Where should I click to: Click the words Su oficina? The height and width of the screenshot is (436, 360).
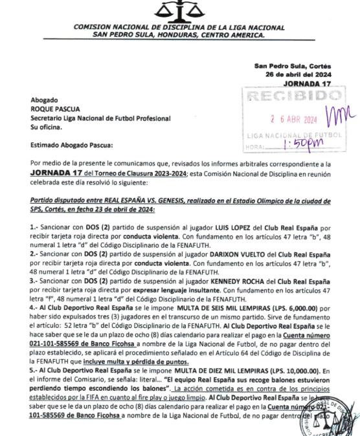tap(47, 128)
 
